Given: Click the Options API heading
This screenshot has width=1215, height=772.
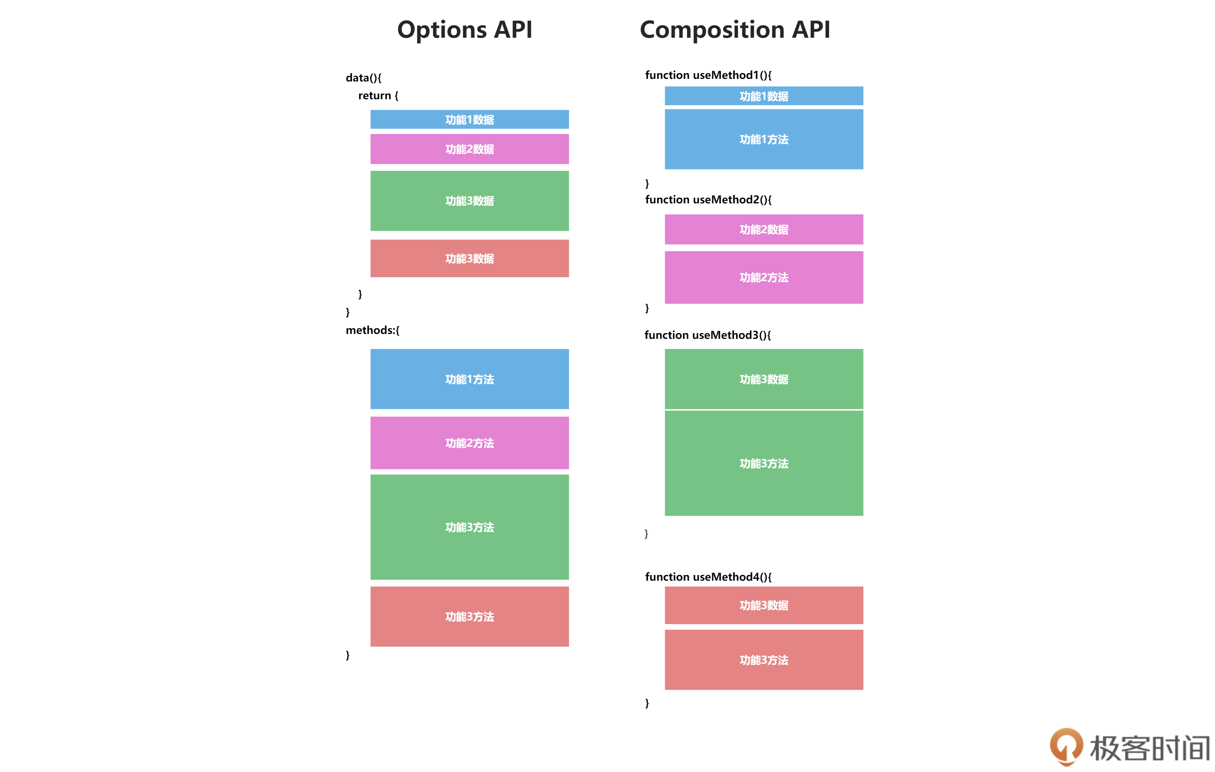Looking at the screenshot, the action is pos(465,30).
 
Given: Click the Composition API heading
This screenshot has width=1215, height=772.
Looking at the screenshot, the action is pos(735,30).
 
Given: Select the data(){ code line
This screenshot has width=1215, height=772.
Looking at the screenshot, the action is pos(363,78).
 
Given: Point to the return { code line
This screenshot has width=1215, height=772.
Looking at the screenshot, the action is pos(378,95).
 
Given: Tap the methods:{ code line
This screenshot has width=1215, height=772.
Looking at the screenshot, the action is pos(372,330).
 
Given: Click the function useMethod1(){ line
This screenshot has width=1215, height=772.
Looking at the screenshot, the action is pos(708,75).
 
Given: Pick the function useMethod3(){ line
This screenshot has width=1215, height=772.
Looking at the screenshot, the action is pos(707,335).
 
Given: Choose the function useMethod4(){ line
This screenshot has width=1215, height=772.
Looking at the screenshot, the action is pos(708,577).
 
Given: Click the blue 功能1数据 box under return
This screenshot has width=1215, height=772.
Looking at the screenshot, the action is pos(469,120).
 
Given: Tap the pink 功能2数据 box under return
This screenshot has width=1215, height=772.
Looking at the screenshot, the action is pos(469,149).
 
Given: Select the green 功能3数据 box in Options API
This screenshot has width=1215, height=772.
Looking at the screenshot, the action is pos(469,201).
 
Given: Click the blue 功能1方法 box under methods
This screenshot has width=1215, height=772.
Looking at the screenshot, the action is pos(469,379).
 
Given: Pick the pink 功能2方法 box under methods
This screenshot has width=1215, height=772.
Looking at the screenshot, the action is pos(469,443).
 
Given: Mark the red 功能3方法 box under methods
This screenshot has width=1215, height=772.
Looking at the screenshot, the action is pos(469,617).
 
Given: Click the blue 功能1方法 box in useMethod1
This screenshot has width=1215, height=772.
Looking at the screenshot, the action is pos(764,139).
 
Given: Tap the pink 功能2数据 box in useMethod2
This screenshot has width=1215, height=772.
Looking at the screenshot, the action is pos(764,229).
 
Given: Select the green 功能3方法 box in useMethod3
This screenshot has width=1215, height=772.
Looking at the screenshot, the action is pos(764,463).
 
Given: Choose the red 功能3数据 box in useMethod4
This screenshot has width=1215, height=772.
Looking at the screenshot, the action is pos(764,606).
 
